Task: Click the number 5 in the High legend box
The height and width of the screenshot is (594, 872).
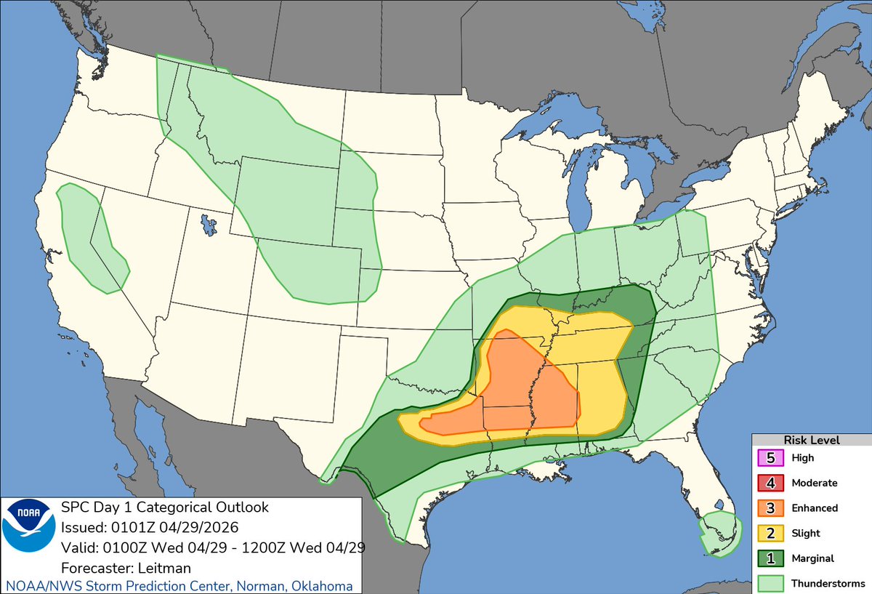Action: tap(770, 458)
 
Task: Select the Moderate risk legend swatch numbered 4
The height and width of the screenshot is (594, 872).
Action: tap(770, 483)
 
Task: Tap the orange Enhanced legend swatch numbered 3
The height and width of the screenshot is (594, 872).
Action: tap(770, 508)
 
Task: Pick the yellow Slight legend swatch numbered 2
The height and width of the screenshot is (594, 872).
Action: tap(770, 533)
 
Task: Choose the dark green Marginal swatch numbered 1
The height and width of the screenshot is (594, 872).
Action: tap(770, 558)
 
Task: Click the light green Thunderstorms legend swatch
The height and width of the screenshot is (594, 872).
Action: tap(770, 583)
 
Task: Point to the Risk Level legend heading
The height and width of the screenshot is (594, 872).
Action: tap(811, 441)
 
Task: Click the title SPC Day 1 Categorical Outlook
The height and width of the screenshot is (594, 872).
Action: tap(165, 507)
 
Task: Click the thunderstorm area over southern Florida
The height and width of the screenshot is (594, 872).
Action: tap(721, 532)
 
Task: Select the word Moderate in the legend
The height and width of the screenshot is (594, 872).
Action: tap(815, 483)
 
